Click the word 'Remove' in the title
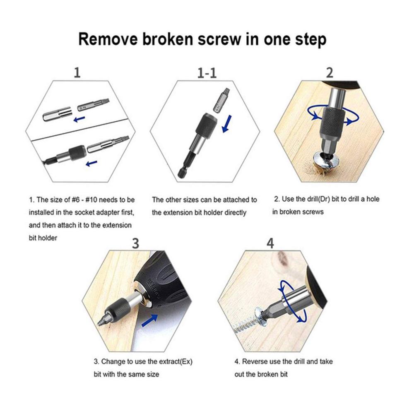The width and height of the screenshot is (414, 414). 108,39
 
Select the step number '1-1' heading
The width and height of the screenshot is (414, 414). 207,73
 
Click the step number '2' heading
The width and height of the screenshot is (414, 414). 330,72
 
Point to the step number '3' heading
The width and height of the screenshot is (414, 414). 135,243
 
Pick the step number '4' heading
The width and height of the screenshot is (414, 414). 270,243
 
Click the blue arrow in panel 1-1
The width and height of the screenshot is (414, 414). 226,123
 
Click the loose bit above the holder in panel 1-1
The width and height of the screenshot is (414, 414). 221,101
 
